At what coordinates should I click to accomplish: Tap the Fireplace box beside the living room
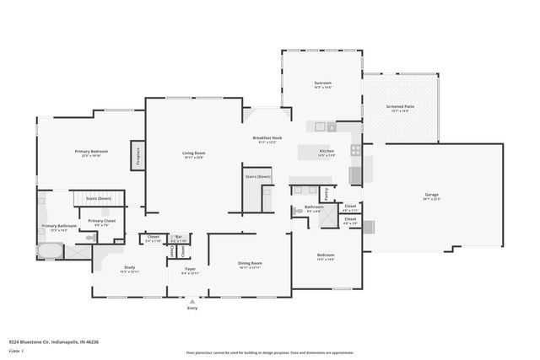click(134, 155)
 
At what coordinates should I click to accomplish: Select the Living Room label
click(193, 154)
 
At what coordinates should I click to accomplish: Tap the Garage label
click(431, 196)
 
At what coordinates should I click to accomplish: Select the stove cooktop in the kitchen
click(356, 152)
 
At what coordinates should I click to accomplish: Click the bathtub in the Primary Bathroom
click(49, 250)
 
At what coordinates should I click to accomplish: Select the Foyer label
click(190, 271)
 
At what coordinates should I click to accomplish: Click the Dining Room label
click(250, 265)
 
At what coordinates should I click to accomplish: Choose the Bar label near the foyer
click(178, 238)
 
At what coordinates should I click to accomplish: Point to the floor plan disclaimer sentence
click(270, 352)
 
